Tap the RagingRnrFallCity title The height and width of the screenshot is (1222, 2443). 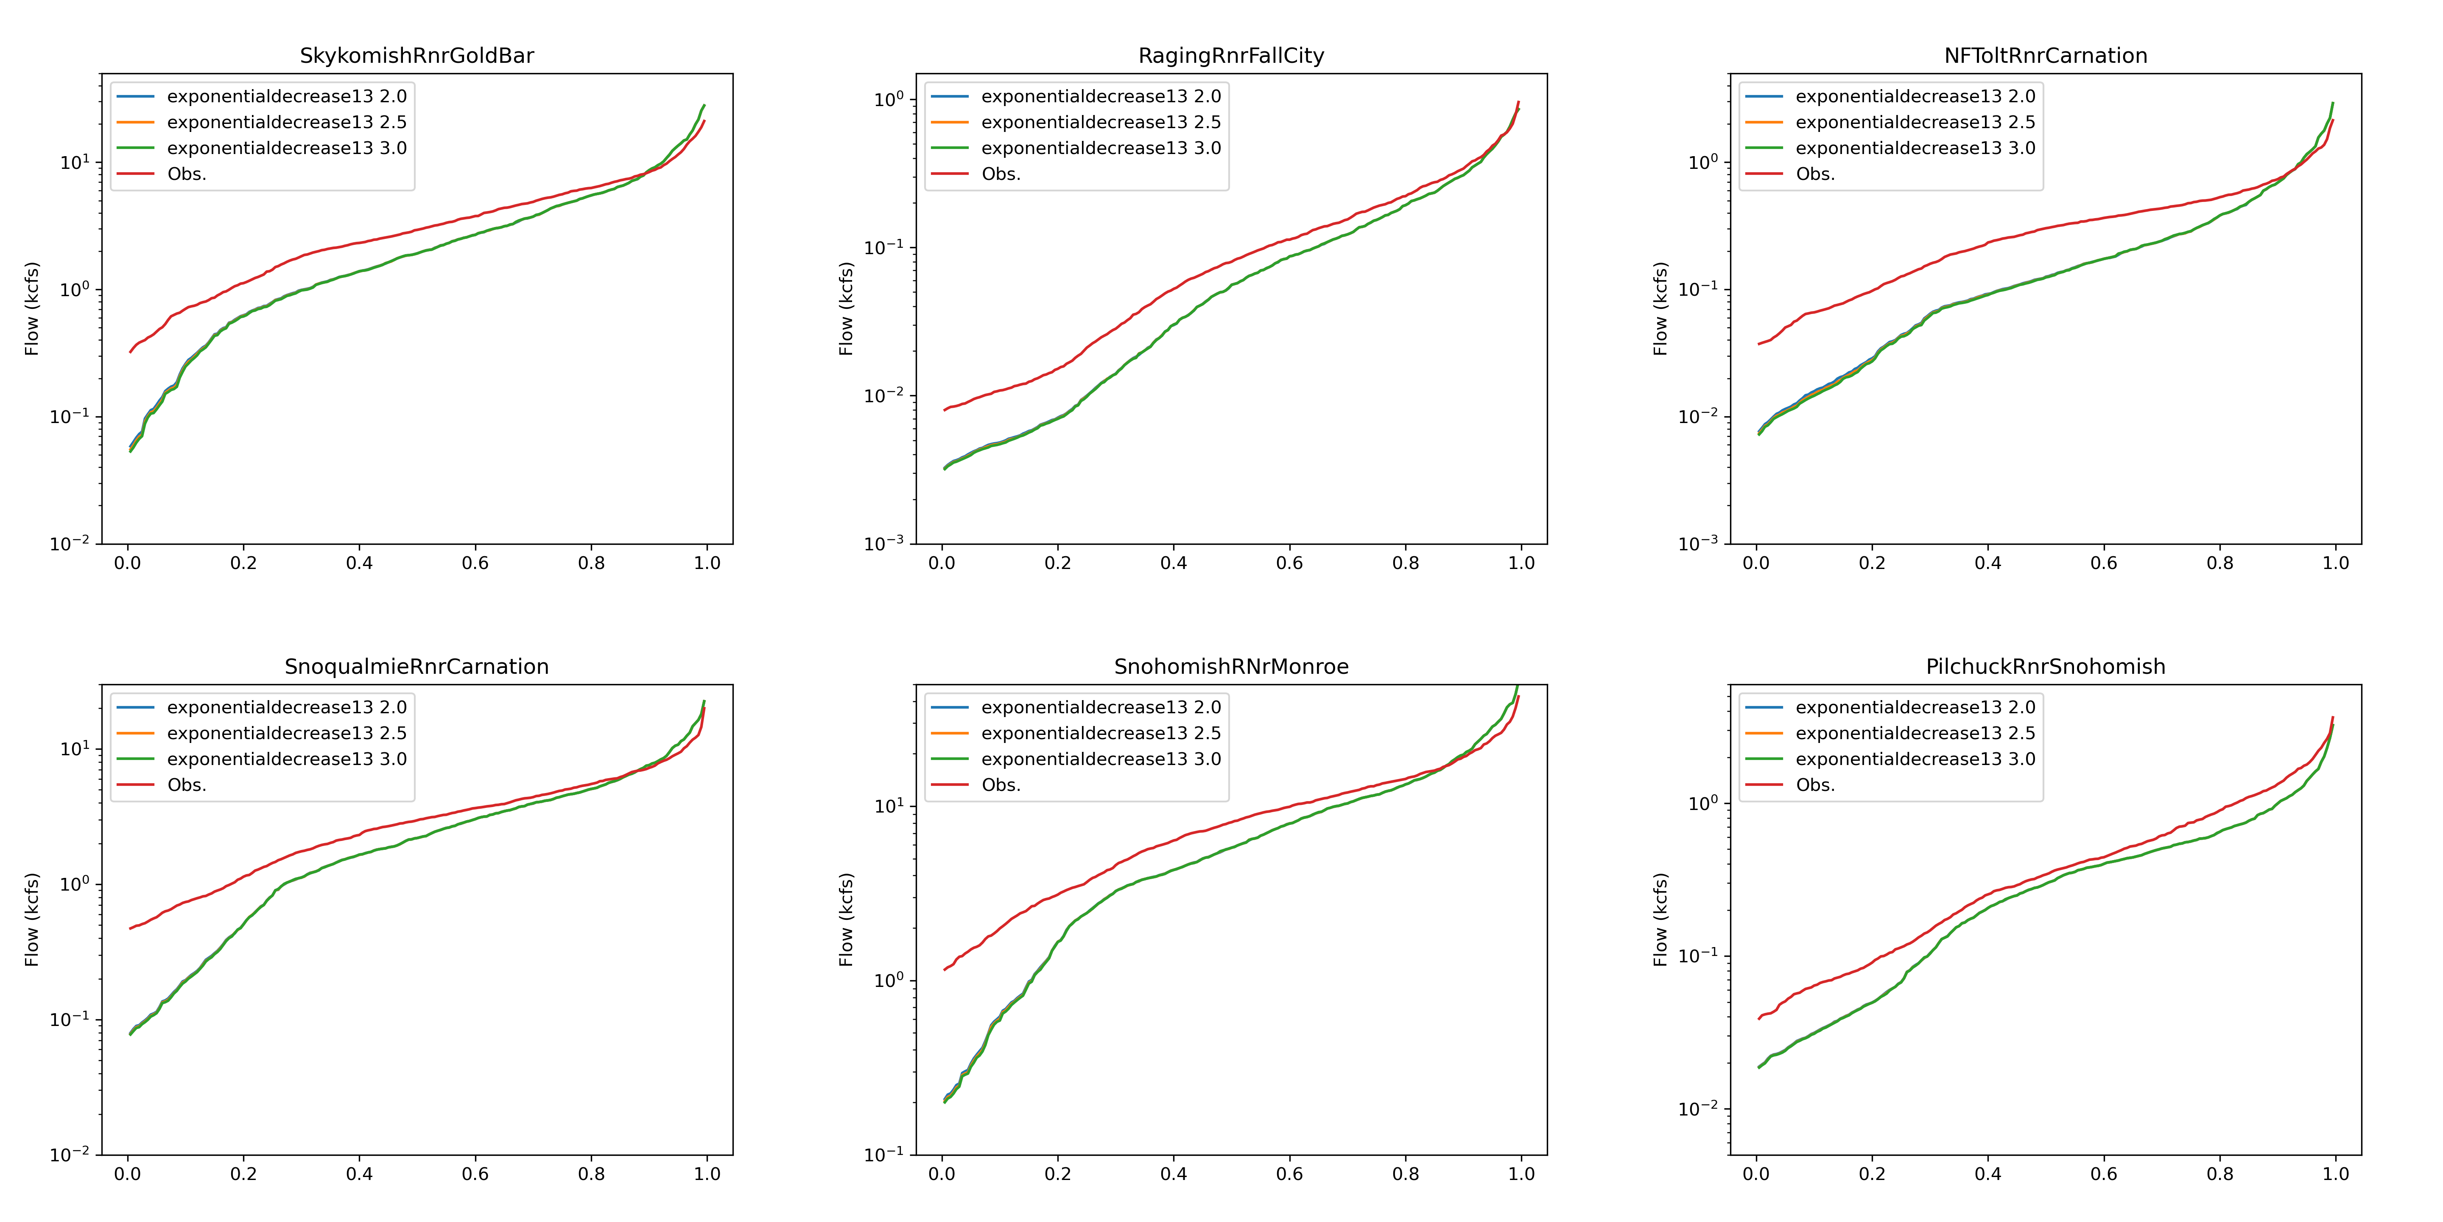coord(1231,56)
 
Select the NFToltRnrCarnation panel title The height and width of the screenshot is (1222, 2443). coord(2046,56)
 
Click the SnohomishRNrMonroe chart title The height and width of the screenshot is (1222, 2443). coord(1231,667)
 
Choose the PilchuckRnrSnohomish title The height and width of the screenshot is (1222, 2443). coord(2046,667)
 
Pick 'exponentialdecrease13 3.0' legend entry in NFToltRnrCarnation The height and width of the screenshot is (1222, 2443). coord(1915,148)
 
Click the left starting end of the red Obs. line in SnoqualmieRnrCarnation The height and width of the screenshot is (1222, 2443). coord(131,928)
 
